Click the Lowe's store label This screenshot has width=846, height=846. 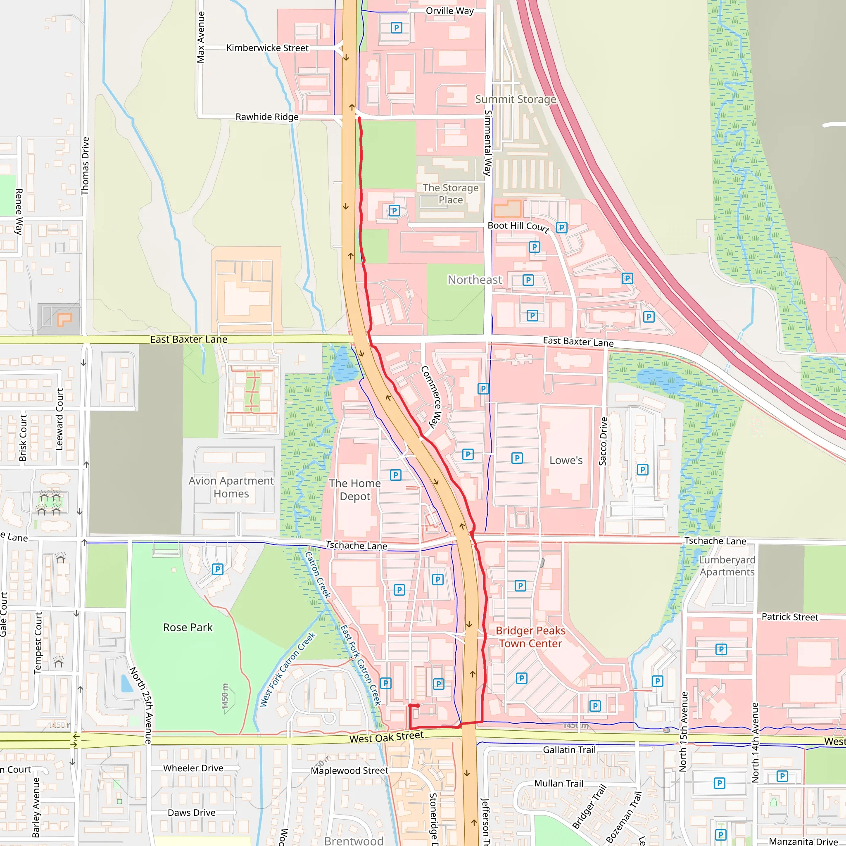coord(566,460)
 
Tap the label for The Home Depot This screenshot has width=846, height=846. coord(355,490)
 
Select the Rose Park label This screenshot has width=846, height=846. coord(188,627)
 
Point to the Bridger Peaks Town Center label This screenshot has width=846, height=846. coord(530,637)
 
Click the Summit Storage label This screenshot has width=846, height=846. coord(516,100)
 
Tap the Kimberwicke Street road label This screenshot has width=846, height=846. coord(267,48)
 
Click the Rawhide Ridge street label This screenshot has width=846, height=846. coord(267,117)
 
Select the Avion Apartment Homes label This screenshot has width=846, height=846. coord(231,487)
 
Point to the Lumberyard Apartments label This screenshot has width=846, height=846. coord(727,566)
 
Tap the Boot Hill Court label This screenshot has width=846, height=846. coord(518,226)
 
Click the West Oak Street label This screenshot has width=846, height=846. coord(386,737)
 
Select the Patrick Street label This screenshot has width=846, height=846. coord(789,617)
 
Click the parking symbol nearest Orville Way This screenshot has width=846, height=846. coord(396,28)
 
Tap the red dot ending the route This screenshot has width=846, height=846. coord(418,706)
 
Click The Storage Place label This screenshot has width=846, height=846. coord(450,194)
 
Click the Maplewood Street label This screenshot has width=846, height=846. coord(349,771)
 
